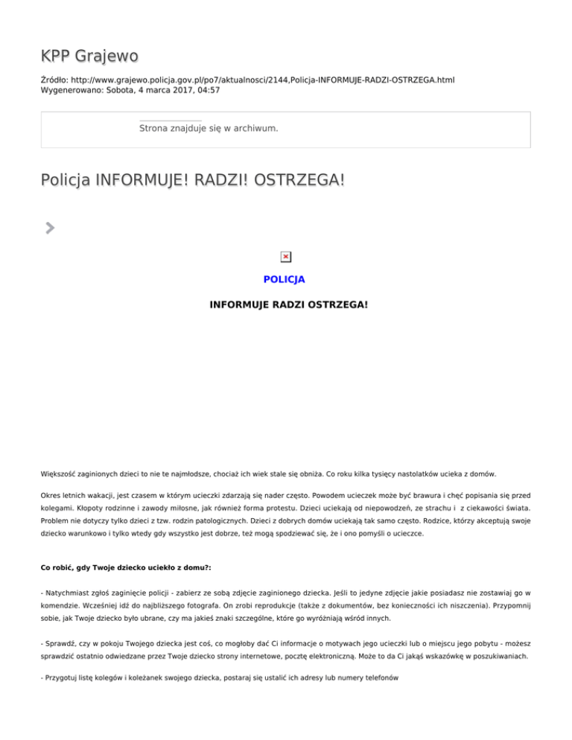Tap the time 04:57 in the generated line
[208, 90]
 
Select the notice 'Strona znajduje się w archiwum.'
[209, 129]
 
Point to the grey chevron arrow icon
[49, 228]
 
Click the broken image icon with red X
[285, 257]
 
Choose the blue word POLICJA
[285, 280]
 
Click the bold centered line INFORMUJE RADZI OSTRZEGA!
[288, 305]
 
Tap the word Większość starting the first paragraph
[60, 474]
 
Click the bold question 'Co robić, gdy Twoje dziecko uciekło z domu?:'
[126, 568]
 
